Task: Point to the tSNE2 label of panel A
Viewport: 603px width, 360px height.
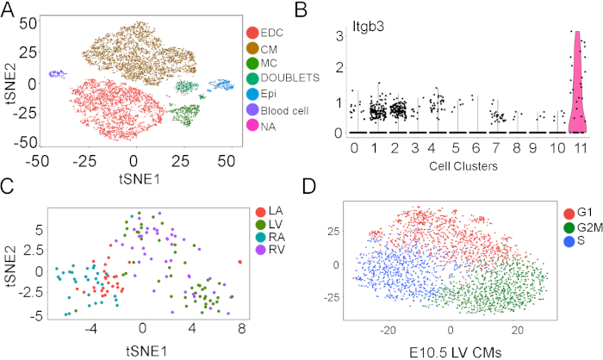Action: click(x=9, y=82)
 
